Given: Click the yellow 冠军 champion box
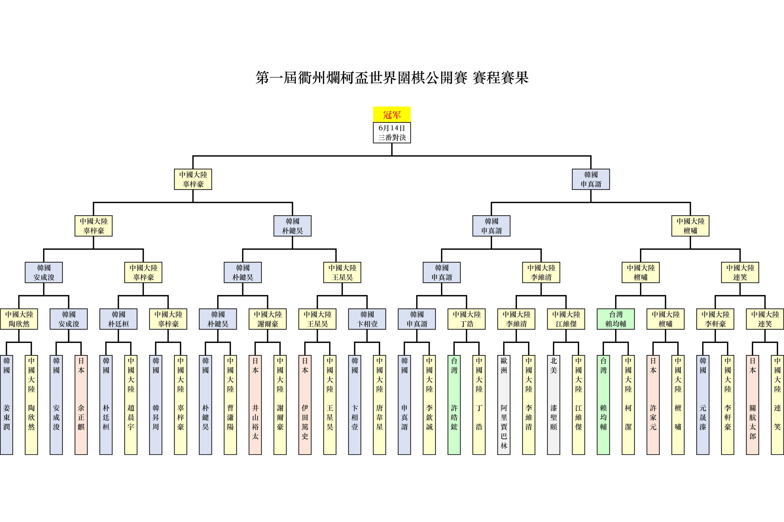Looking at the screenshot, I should pyautogui.click(x=392, y=114).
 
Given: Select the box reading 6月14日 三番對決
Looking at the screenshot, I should pyautogui.click(x=392, y=132).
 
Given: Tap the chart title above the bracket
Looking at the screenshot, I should pyautogui.click(x=392, y=78).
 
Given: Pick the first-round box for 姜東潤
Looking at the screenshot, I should pyautogui.click(x=6, y=404).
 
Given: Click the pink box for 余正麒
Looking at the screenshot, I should pyautogui.click(x=81, y=404).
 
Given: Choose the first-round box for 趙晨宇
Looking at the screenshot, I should pyautogui.click(x=131, y=404).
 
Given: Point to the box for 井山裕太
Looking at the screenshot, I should pyautogui.click(x=255, y=404).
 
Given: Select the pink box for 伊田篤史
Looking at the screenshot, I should pyautogui.click(x=305, y=404).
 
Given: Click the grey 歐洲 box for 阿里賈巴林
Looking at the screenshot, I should pyautogui.click(x=504, y=404).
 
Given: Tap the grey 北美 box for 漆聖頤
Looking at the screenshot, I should pyautogui.click(x=553, y=404).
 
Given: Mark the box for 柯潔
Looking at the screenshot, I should pyautogui.click(x=628, y=404).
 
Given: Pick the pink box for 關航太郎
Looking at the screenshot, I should pyautogui.click(x=752, y=404).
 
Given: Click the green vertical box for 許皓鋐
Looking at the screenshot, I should pyautogui.click(x=454, y=404).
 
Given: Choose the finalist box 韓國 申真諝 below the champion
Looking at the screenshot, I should pyautogui.click(x=591, y=179).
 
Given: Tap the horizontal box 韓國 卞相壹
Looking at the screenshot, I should pyautogui.click(x=367, y=319).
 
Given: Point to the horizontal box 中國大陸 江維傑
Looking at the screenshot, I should pyautogui.click(x=566, y=319).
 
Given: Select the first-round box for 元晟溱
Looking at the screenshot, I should pyautogui.click(x=703, y=404).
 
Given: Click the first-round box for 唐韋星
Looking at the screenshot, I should pyautogui.click(x=380, y=404).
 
